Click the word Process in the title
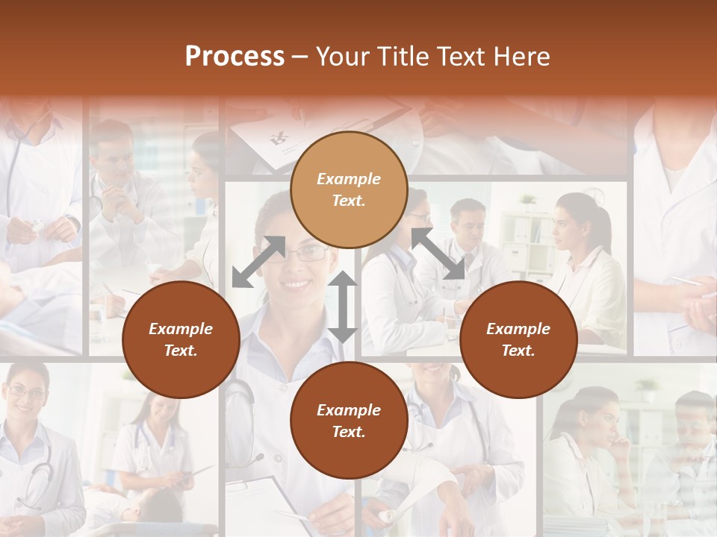(x=235, y=57)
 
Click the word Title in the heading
(x=403, y=57)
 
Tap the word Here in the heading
(x=521, y=57)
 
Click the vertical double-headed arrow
(x=343, y=307)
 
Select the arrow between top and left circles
(x=258, y=261)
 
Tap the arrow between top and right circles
(x=438, y=254)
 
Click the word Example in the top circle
(x=349, y=179)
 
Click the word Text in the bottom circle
(x=349, y=432)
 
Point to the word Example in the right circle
(x=518, y=329)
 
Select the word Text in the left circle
(x=181, y=351)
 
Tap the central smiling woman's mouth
(x=297, y=283)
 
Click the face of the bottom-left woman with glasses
(x=25, y=392)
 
